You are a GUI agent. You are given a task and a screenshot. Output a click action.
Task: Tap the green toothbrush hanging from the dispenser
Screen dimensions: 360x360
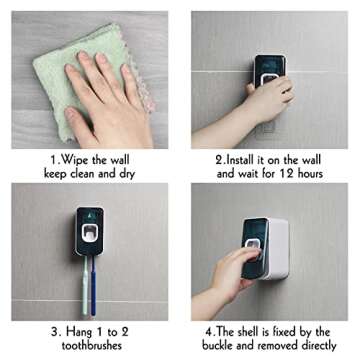(85, 286)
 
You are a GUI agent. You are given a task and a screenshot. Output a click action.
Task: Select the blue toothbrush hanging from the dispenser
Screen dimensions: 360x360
(94, 286)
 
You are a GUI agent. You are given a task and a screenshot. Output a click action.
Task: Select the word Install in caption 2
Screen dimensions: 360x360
(241, 160)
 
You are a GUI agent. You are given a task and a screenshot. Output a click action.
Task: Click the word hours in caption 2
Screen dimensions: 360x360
(310, 174)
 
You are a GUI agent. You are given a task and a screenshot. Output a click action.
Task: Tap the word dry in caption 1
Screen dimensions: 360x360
(128, 174)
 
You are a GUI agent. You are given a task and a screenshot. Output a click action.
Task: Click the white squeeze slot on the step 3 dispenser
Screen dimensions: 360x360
(90, 233)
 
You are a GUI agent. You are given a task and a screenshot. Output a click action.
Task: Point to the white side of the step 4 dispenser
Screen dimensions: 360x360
(278, 248)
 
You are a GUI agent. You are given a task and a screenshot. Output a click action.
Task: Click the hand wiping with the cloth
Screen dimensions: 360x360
(107, 100)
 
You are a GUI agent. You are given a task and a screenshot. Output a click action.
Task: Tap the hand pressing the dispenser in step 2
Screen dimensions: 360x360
(271, 98)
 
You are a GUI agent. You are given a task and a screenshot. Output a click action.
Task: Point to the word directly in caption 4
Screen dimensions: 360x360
(319, 345)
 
